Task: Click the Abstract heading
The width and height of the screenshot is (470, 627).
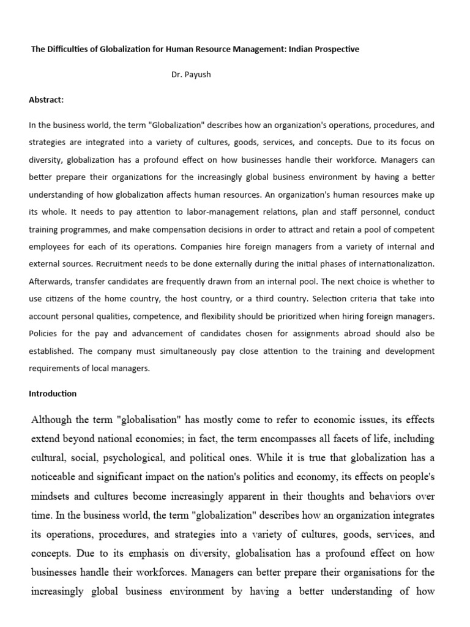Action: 47,100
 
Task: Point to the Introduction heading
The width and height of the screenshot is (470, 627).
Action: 53,393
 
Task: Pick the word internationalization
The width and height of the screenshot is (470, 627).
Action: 394,265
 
